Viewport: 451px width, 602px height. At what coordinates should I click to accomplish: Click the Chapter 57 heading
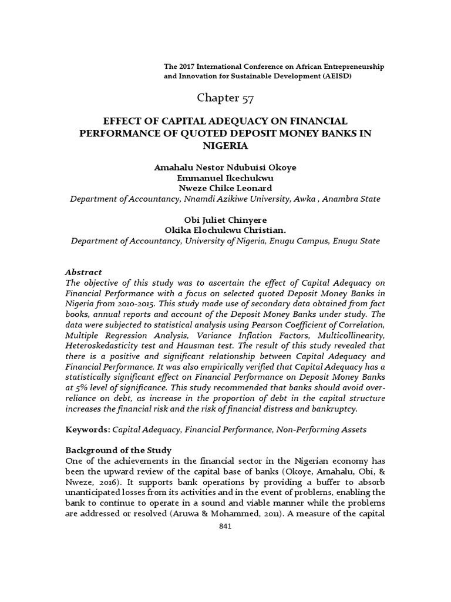[225, 98]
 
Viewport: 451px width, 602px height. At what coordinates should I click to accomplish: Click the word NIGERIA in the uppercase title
[225, 145]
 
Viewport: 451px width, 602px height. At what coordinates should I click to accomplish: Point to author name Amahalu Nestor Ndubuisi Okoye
[225, 168]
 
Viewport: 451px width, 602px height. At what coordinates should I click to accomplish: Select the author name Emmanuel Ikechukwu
[225, 178]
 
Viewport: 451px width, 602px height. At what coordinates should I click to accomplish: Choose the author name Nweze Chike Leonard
[225, 188]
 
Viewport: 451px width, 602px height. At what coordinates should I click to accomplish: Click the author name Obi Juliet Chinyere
[225, 219]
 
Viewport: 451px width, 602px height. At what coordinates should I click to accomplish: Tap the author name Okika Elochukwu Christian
[225, 230]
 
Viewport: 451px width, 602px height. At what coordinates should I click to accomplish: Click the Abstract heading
[83, 272]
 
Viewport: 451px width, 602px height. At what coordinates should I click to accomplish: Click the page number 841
[225, 527]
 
